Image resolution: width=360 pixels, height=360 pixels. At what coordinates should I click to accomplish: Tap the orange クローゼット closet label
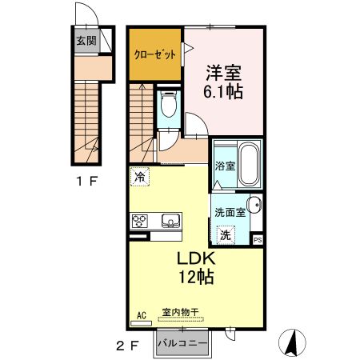(x=154, y=55)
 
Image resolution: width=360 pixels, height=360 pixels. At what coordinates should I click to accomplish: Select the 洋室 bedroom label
(x=223, y=71)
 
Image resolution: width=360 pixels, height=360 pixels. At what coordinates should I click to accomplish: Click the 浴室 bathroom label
(x=224, y=166)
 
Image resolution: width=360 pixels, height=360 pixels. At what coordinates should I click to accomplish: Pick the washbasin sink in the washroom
(x=254, y=205)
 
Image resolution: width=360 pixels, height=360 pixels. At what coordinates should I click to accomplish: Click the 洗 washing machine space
(x=227, y=235)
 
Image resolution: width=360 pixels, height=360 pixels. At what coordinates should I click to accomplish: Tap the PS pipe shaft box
(x=258, y=239)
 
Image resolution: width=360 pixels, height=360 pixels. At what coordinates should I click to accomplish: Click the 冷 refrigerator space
(x=140, y=178)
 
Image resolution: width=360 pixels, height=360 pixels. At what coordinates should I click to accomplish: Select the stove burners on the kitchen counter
(x=141, y=221)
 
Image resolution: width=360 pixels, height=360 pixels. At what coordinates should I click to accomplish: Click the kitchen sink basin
(x=170, y=221)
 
